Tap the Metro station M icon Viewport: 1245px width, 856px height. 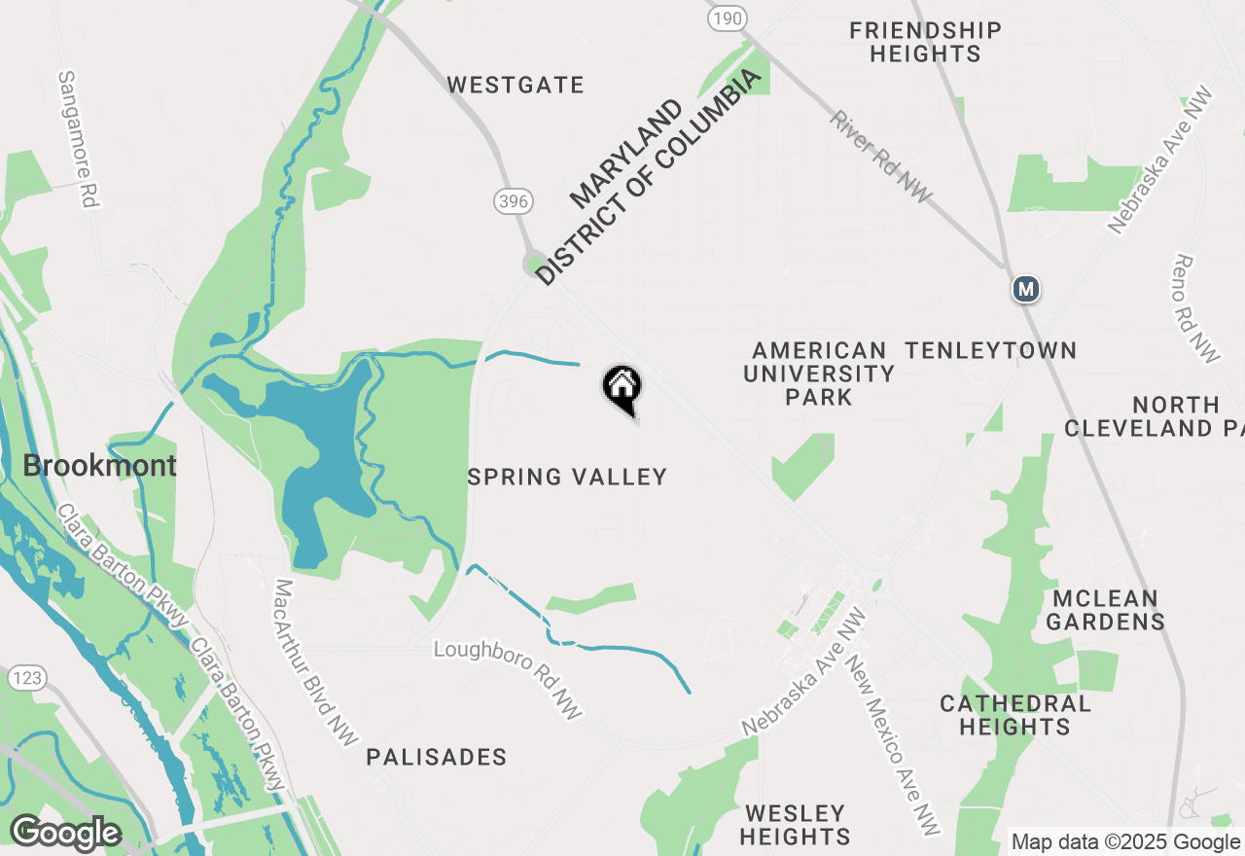click(x=1025, y=289)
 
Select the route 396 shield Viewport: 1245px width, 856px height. click(x=513, y=201)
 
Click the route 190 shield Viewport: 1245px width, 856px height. click(x=727, y=18)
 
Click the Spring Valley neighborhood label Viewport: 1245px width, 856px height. click(x=567, y=477)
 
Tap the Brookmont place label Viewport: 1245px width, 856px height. click(x=100, y=465)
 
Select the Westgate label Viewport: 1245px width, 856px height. click(x=516, y=86)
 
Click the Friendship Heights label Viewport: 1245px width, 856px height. click(x=925, y=42)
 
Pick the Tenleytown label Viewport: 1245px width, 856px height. click(x=990, y=350)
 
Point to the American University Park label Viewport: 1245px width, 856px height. click(x=819, y=374)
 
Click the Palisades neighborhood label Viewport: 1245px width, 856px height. click(x=437, y=757)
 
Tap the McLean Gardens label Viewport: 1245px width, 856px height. click(x=1106, y=610)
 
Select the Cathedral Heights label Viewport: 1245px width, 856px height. click(x=1014, y=715)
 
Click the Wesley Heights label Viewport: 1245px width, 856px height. click(x=795, y=824)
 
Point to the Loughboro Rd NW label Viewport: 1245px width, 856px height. click(x=508, y=679)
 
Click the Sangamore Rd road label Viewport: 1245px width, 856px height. click(x=80, y=139)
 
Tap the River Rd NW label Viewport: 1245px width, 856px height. click(x=881, y=158)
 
